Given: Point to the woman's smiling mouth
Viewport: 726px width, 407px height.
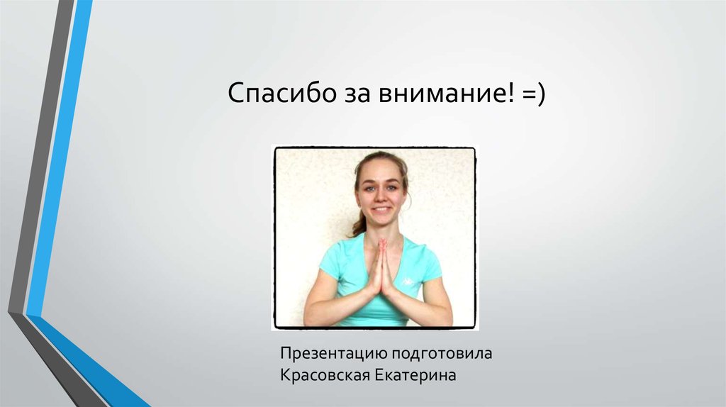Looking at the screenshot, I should click(381, 211).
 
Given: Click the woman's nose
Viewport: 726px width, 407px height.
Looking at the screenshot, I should click(380, 199).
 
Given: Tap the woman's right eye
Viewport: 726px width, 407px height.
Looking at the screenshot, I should click(369, 189).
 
